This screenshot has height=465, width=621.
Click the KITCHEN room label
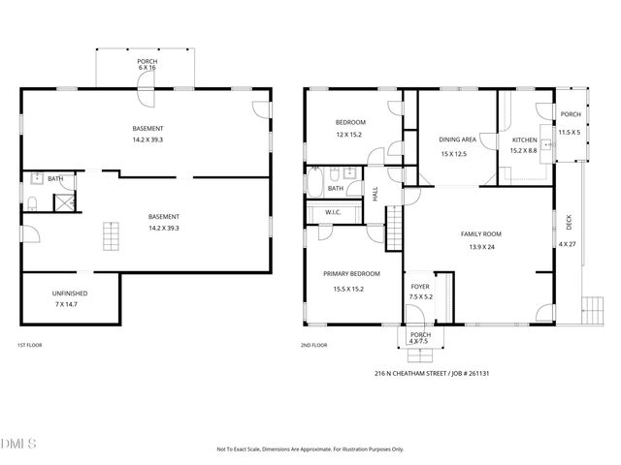pyautogui.click(x=524, y=140)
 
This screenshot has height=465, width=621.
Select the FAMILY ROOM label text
pyautogui.click(x=480, y=234)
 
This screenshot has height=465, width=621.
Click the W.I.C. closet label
pyautogui.click(x=333, y=212)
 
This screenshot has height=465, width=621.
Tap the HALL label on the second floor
pyautogui.click(x=376, y=194)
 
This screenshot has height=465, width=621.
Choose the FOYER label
pyautogui.click(x=419, y=286)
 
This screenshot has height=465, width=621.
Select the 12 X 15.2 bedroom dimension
pyautogui.click(x=349, y=134)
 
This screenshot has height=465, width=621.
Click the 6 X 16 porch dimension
pyautogui.click(x=147, y=68)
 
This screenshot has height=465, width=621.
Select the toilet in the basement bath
pyautogui.click(x=32, y=201)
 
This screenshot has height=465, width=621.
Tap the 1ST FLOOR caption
pyautogui.click(x=29, y=345)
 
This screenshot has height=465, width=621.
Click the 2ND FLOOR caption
pyautogui.click(x=314, y=345)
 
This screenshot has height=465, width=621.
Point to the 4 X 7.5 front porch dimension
pyautogui.click(x=419, y=341)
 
